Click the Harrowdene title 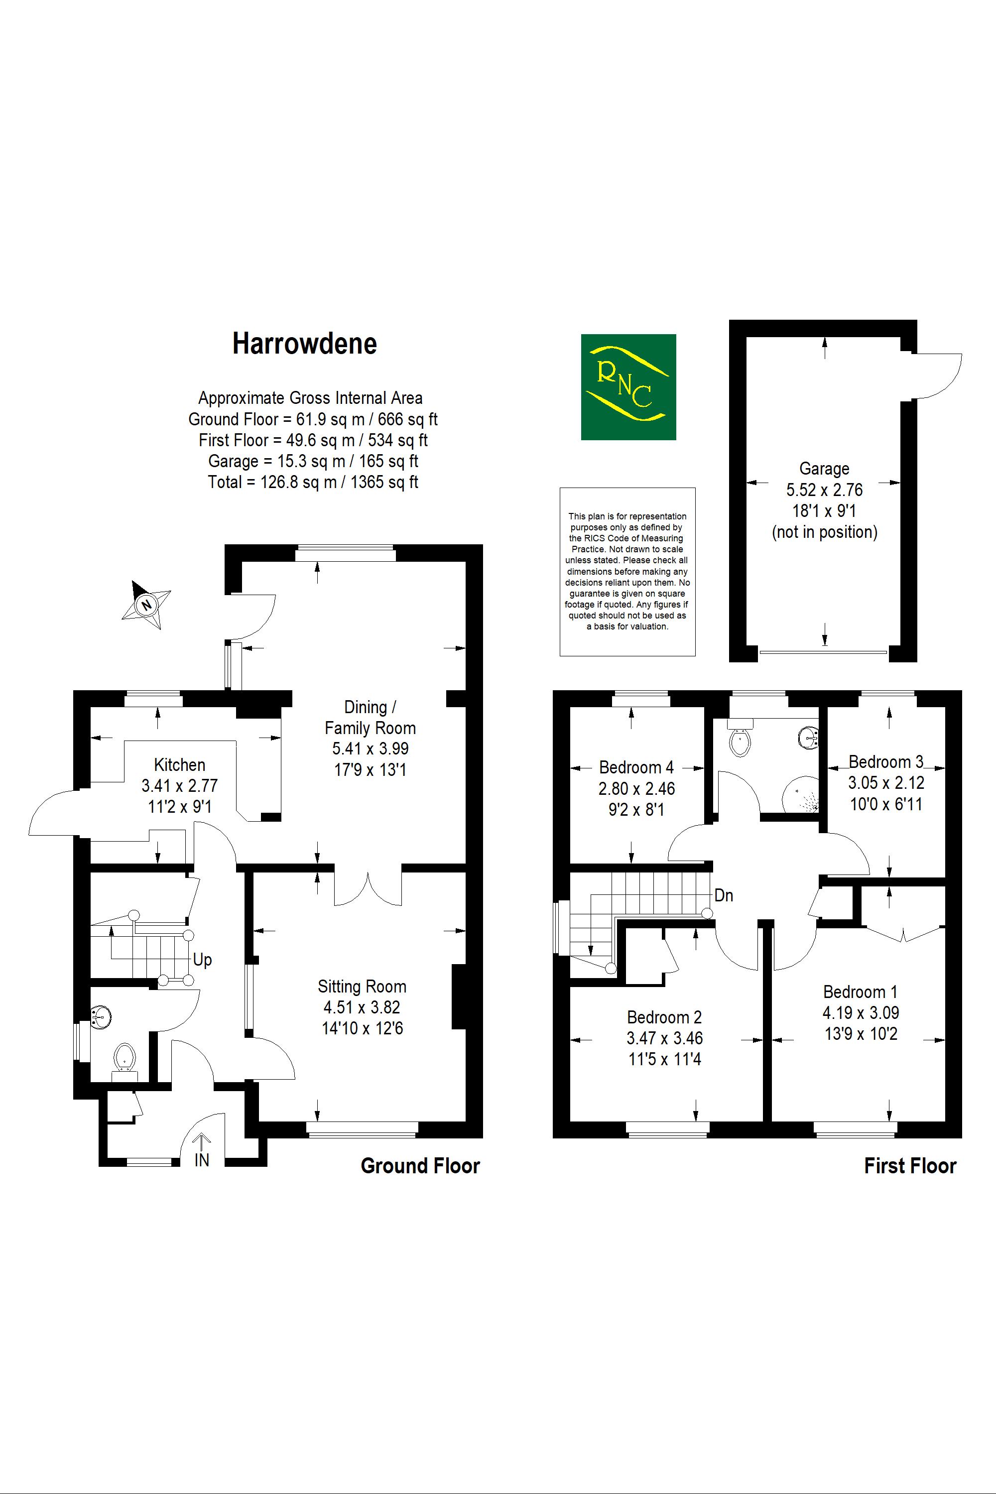coord(304,344)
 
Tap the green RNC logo coord(628,387)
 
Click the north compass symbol coord(147,604)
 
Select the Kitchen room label coord(180,765)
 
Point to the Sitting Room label coord(362,987)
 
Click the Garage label coord(824,469)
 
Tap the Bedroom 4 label coord(636,767)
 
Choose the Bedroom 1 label coord(860,992)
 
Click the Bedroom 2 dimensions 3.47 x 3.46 coord(664,1038)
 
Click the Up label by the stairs coord(202,960)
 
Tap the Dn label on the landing coord(724,895)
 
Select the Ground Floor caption coord(420,1166)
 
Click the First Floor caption coord(910,1166)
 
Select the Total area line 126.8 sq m coord(313,482)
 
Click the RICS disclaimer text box coord(627,571)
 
